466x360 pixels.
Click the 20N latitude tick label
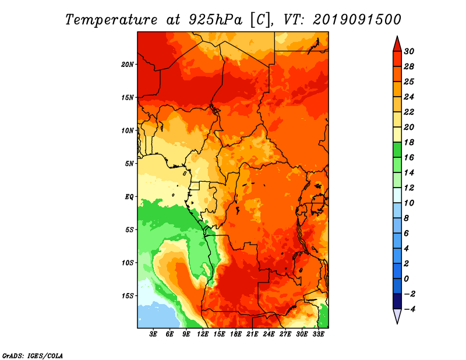point(127,65)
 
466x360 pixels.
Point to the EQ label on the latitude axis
point(129,197)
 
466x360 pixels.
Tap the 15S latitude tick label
point(127,296)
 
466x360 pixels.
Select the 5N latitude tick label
point(129,164)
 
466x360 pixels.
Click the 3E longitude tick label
point(153,334)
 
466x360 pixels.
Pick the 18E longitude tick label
point(236,334)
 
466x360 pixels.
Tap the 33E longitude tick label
point(318,334)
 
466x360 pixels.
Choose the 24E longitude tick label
point(269,334)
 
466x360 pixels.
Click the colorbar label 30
point(409,51)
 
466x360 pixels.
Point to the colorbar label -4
point(409,309)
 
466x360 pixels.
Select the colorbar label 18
point(409,142)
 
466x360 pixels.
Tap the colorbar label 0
point(406,279)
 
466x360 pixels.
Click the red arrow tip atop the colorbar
point(397,37)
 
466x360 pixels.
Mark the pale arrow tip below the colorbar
point(397,323)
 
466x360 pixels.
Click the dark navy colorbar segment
point(397,301)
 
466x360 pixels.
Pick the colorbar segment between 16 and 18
point(397,150)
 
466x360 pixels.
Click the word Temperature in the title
point(111,20)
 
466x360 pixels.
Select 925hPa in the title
point(216,20)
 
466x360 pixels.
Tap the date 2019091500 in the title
point(357,20)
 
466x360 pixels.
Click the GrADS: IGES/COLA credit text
point(33,356)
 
